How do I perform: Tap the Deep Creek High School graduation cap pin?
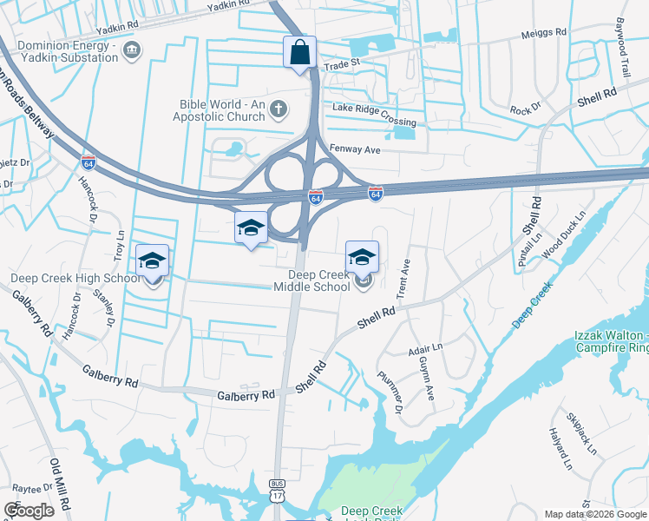(152, 261)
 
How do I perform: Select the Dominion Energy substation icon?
(132, 50)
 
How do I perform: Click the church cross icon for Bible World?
(278, 109)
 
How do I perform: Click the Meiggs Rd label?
(543, 33)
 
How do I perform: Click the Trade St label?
(341, 65)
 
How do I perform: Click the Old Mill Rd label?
(59, 486)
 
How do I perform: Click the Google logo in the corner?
(29, 511)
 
